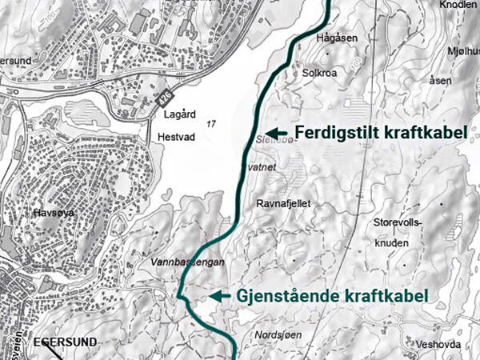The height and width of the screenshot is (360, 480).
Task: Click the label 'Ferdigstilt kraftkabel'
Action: click(380, 133)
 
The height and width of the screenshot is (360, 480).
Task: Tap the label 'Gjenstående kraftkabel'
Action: click(333, 295)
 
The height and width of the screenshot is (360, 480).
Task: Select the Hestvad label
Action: click(177, 136)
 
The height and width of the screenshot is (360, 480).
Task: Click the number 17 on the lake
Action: click(211, 124)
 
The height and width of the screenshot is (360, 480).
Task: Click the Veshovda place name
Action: click(438, 343)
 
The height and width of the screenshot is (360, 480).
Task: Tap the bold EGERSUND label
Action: click(66, 342)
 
